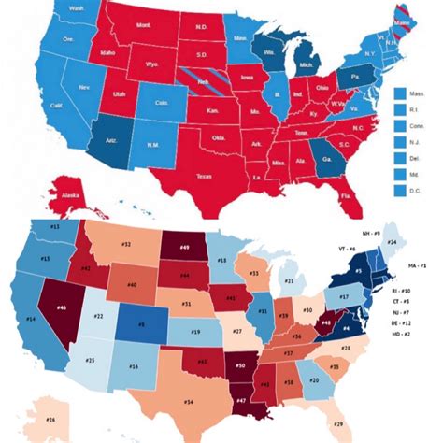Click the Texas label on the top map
[205, 175]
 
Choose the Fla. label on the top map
[347, 197]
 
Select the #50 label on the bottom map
[241, 364]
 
